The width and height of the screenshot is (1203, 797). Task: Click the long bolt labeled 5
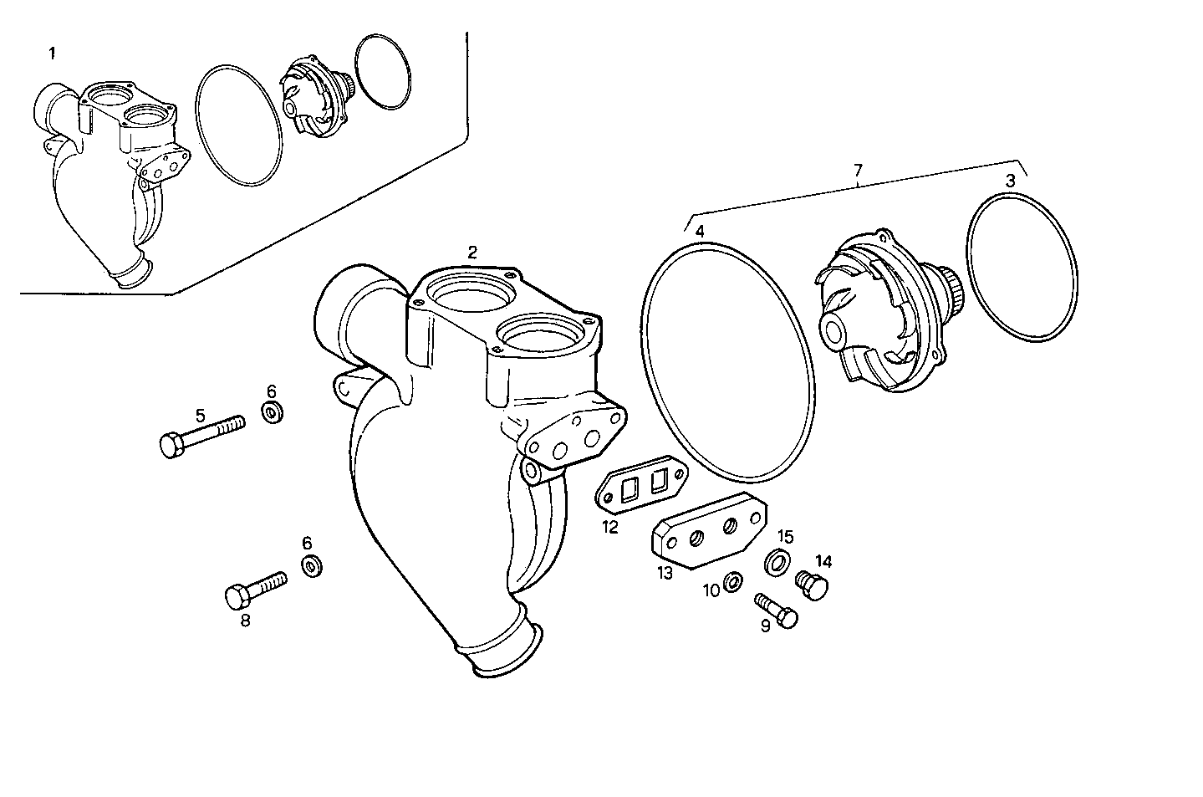click(205, 434)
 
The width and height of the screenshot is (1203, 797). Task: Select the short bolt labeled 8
click(256, 588)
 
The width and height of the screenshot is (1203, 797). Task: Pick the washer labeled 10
click(731, 581)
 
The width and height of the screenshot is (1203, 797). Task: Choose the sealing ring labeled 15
click(777, 562)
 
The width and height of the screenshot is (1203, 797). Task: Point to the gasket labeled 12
click(641, 485)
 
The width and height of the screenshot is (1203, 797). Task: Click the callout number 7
click(858, 171)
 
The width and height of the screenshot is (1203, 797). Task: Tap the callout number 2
click(472, 252)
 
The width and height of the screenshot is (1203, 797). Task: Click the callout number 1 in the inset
click(53, 54)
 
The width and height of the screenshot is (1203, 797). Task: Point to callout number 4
click(700, 230)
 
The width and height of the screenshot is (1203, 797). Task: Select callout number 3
click(1010, 180)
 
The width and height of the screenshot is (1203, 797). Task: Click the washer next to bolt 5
click(273, 411)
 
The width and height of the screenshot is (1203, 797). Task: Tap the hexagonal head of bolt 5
click(171, 445)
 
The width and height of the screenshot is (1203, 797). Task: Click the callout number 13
click(665, 573)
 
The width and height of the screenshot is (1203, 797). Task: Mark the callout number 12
click(609, 527)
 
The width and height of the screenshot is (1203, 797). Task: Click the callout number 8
click(246, 621)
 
